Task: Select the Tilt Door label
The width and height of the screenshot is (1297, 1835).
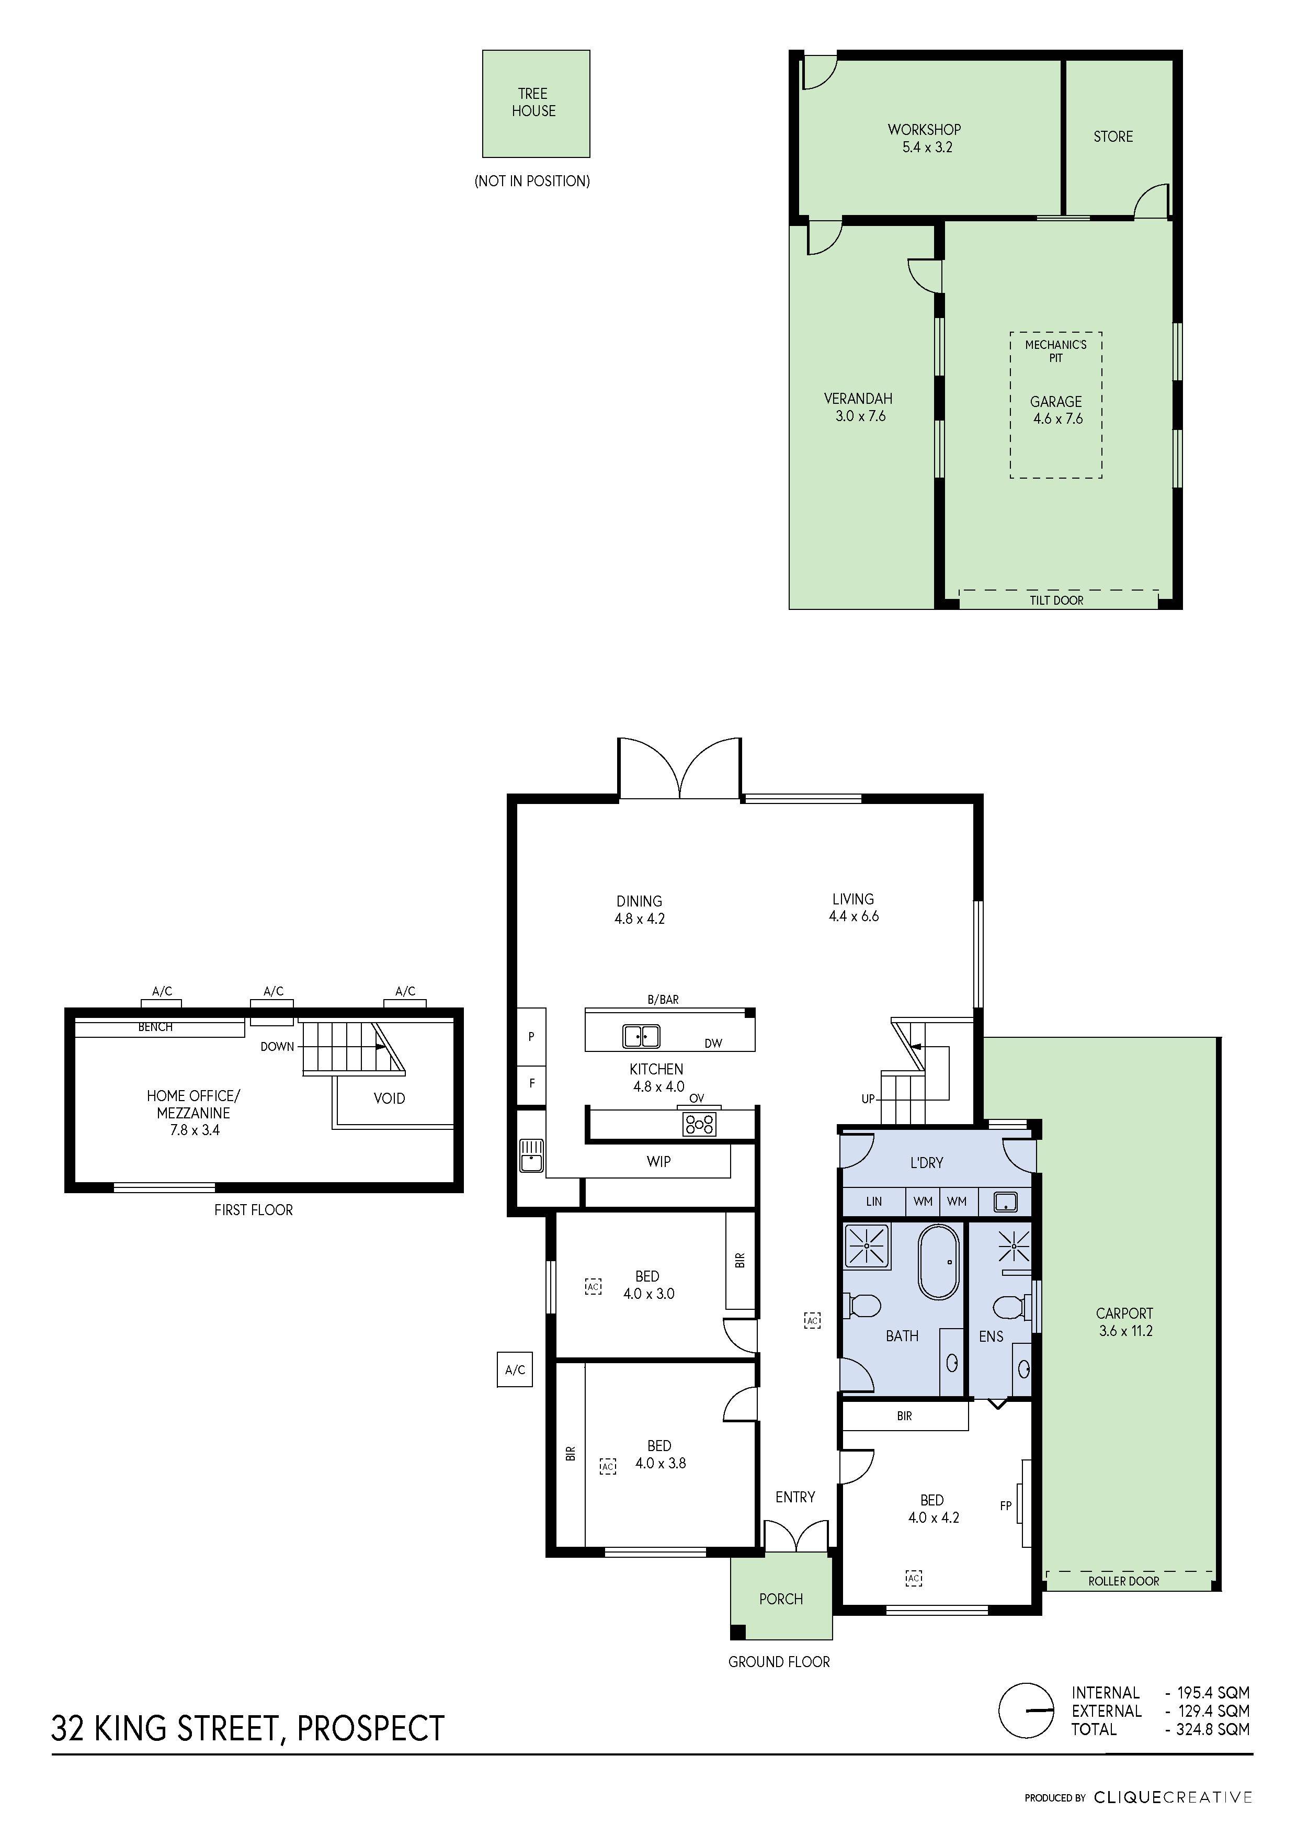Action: tap(1056, 600)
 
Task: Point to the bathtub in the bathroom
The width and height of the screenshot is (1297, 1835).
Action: tap(938, 1262)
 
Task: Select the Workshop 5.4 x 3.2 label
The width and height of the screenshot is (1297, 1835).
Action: tap(925, 138)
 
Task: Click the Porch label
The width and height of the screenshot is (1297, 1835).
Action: tap(781, 1599)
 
